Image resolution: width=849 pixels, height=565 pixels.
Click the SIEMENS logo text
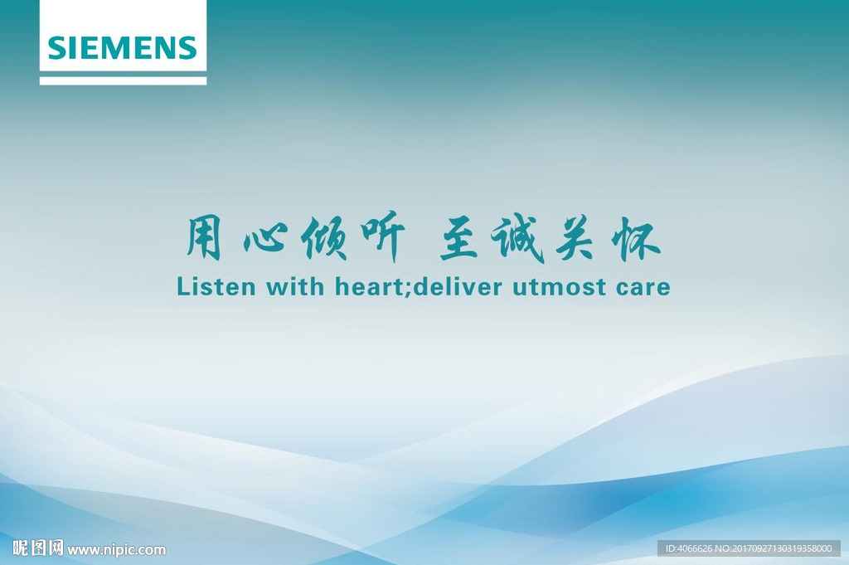[123, 47]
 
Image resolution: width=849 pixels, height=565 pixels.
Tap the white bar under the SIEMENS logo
[123, 80]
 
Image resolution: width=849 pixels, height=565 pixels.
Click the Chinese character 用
[204, 237]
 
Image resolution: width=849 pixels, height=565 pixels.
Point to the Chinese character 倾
[324, 238]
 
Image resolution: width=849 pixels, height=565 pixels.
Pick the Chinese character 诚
[517, 238]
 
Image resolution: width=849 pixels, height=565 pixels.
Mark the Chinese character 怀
[635, 239]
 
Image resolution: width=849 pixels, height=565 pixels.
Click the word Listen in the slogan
[216, 286]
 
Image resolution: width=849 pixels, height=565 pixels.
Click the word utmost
[560, 287]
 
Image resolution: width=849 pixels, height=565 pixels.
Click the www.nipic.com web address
[116, 550]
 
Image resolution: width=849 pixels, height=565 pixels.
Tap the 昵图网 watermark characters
[38, 548]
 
